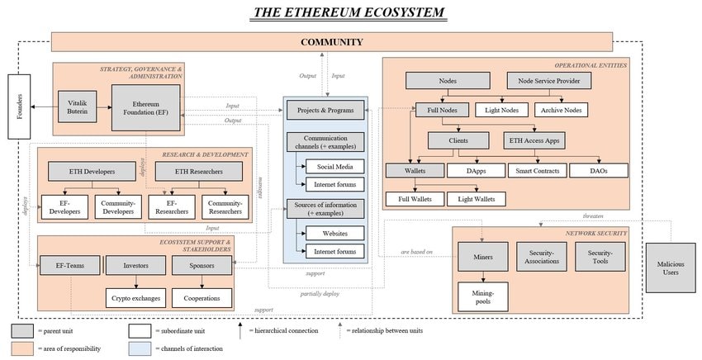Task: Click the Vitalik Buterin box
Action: (77, 107)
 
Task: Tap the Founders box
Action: (20, 107)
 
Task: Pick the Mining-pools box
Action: (483, 296)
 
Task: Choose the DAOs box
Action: (599, 171)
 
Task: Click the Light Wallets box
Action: (477, 199)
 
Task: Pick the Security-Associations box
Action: (541, 258)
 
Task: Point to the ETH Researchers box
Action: (198, 171)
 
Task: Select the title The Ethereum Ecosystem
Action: (349, 12)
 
